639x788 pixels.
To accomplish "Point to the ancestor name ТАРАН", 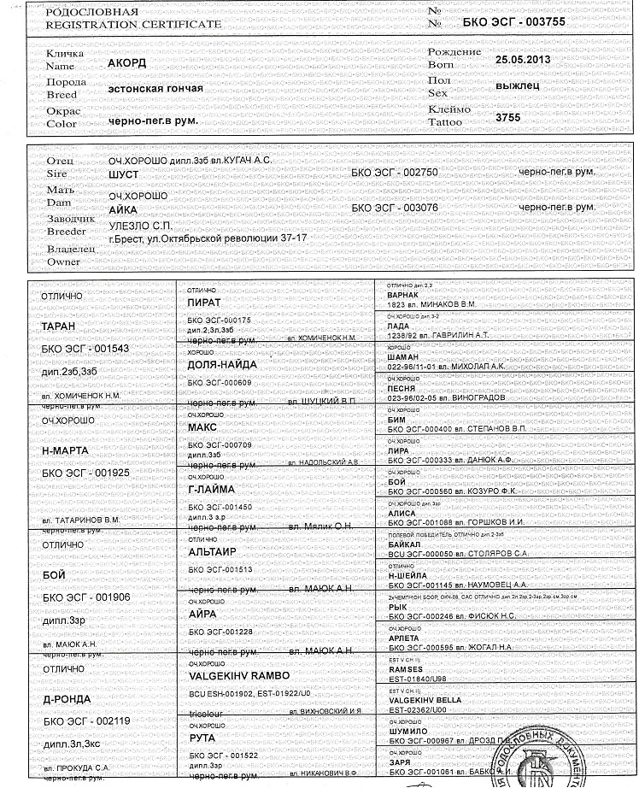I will [59, 326].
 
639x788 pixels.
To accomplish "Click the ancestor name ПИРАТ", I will [204, 303].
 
